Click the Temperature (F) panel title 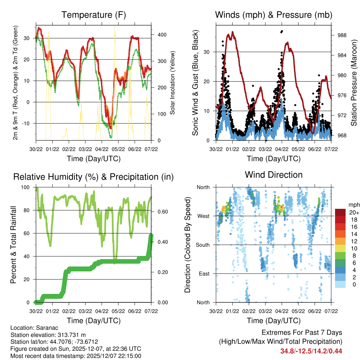tap(94, 15)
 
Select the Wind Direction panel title tap(274, 175)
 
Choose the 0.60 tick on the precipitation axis tap(159, 212)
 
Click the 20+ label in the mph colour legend tap(354, 212)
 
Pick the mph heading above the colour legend tap(353, 205)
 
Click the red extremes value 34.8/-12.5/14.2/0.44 tap(311, 351)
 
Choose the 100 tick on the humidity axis tap(26, 187)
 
